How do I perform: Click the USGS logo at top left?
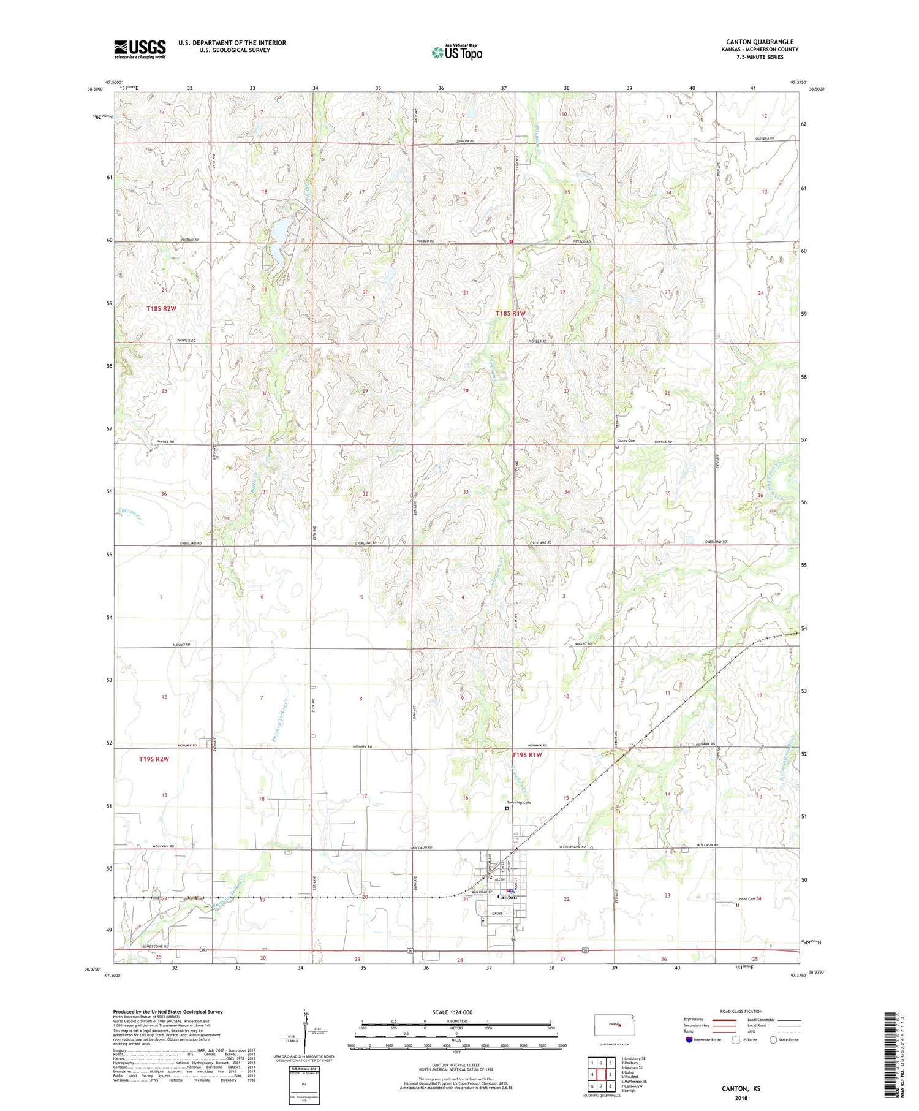[x=140, y=49]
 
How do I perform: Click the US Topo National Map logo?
[x=456, y=53]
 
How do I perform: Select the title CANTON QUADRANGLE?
[x=759, y=42]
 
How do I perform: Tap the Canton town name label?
[x=507, y=897]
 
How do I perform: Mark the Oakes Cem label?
[x=626, y=441]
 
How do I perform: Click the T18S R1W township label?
[x=510, y=313]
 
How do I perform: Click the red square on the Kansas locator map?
[x=619, y=1023]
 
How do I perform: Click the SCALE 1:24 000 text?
[x=456, y=1012]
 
